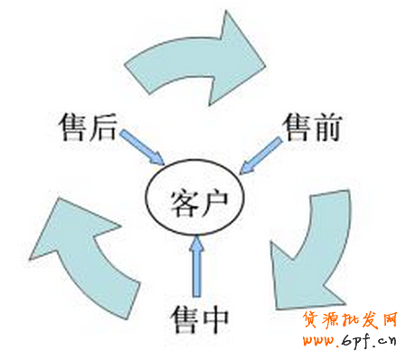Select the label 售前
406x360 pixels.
click(x=310, y=128)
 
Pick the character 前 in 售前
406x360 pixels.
click(x=326, y=128)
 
